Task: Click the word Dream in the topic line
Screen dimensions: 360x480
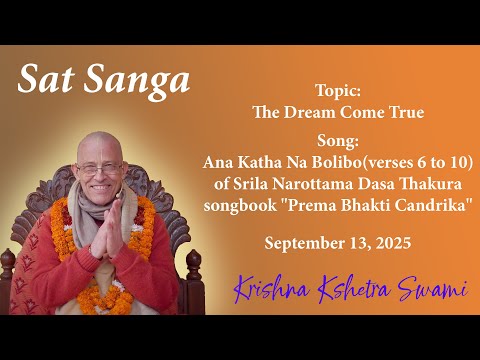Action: click(326, 111)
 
